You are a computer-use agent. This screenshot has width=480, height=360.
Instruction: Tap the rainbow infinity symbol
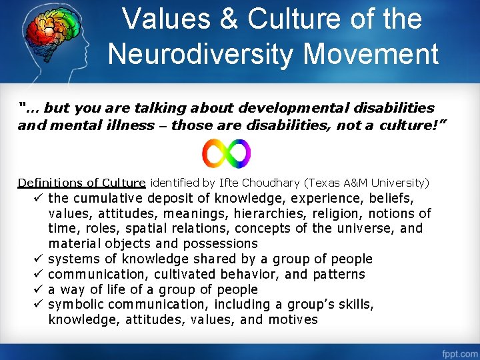(x=227, y=153)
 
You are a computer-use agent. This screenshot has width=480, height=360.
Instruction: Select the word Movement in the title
(x=379, y=53)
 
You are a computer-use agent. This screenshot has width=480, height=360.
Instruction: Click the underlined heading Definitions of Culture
(x=81, y=183)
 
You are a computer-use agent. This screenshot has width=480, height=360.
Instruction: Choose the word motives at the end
(x=293, y=320)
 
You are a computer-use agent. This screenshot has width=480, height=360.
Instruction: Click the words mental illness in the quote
(x=97, y=125)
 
